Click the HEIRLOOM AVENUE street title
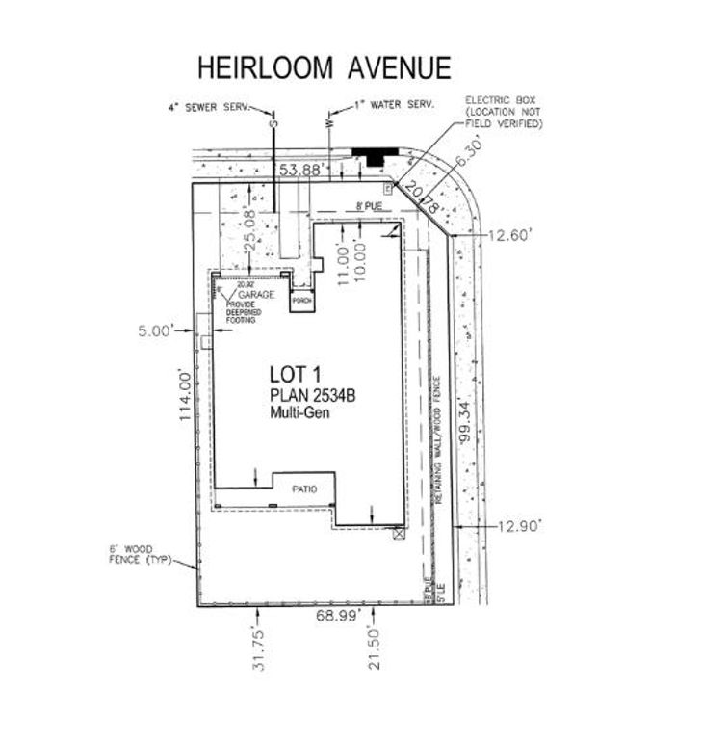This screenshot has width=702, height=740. (x=324, y=67)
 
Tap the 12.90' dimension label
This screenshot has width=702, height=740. (x=521, y=525)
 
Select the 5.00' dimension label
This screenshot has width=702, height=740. (x=157, y=330)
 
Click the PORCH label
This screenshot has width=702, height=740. (x=301, y=301)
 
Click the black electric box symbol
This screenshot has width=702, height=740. (x=374, y=153)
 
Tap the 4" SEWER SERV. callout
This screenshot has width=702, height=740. (x=209, y=108)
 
